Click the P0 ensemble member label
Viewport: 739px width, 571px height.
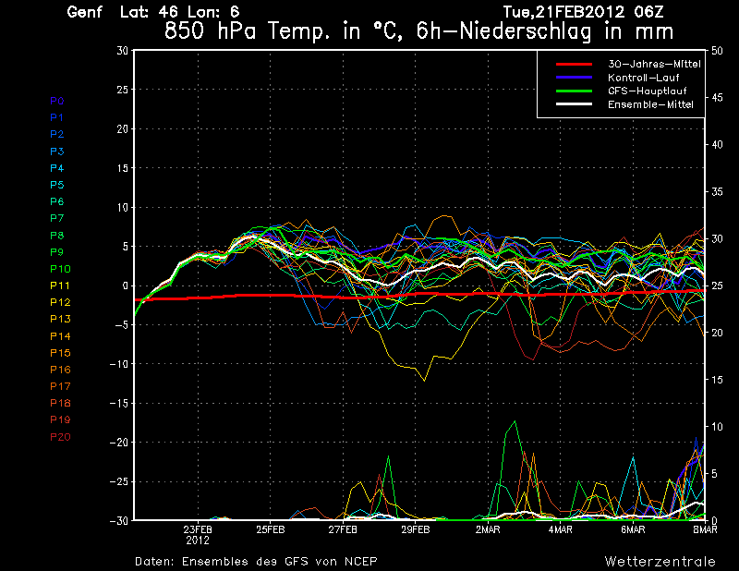[56, 100]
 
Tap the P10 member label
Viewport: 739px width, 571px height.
[59, 268]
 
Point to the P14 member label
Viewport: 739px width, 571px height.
[59, 335]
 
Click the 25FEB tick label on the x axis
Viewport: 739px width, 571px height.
[271, 530]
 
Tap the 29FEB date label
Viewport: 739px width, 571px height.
[416, 530]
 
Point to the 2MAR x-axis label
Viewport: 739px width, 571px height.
[488, 530]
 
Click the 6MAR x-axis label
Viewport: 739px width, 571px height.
[633, 530]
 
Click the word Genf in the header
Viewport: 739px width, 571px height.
[85, 13]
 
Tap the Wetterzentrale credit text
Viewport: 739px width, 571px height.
[660, 561]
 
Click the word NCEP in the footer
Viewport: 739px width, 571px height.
[357, 561]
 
